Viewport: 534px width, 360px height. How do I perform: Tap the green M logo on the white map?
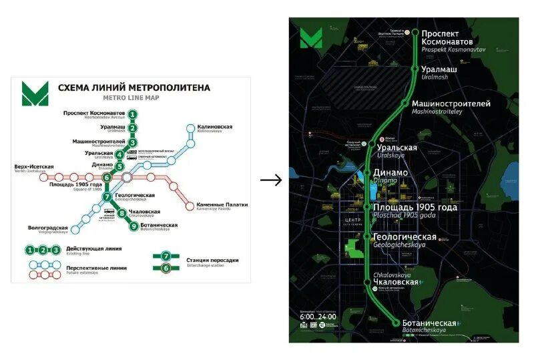click(x=35, y=93)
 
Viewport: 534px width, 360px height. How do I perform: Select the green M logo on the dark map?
click(x=310, y=37)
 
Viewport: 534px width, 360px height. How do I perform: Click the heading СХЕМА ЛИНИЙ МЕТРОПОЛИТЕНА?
click(x=133, y=87)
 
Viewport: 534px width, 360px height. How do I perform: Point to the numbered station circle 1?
click(x=133, y=114)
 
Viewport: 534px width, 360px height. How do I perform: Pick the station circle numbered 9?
click(x=133, y=226)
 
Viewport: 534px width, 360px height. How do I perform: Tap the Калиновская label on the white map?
click(x=214, y=126)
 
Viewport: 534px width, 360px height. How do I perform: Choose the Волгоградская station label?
click(x=49, y=228)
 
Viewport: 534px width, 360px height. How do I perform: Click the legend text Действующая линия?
click(x=100, y=248)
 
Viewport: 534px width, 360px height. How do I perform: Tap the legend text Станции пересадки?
click(x=210, y=260)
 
